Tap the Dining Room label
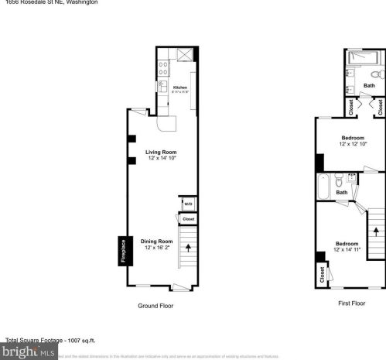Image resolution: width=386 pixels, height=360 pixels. (157, 241)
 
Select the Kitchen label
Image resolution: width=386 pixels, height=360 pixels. (180, 87)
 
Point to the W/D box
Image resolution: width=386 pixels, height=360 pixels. (188, 204)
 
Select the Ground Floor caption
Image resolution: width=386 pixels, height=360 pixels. (155, 306)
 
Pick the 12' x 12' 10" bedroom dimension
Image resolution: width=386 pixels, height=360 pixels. (352, 144)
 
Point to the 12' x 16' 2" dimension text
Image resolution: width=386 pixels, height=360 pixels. (157, 247)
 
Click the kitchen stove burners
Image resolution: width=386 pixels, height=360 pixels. (163, 68)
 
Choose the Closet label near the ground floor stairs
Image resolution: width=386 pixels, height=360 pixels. (188, 219)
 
